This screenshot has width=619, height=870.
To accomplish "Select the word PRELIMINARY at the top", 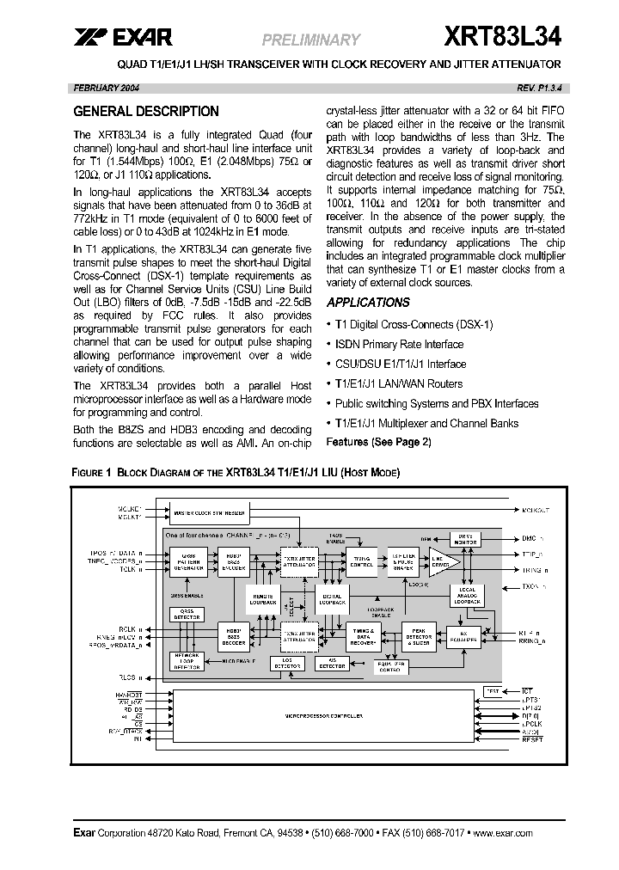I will [309, 40].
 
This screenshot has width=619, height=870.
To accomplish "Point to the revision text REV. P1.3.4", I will [539, 89].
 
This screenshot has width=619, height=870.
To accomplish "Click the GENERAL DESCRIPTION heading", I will [146, 112].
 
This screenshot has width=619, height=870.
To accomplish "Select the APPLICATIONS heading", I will [368, 303].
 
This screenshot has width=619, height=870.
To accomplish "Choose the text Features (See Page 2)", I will [379, 442].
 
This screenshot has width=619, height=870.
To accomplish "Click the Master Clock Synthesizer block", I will [210, 514].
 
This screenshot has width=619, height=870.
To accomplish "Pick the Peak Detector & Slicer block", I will [419, 637].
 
